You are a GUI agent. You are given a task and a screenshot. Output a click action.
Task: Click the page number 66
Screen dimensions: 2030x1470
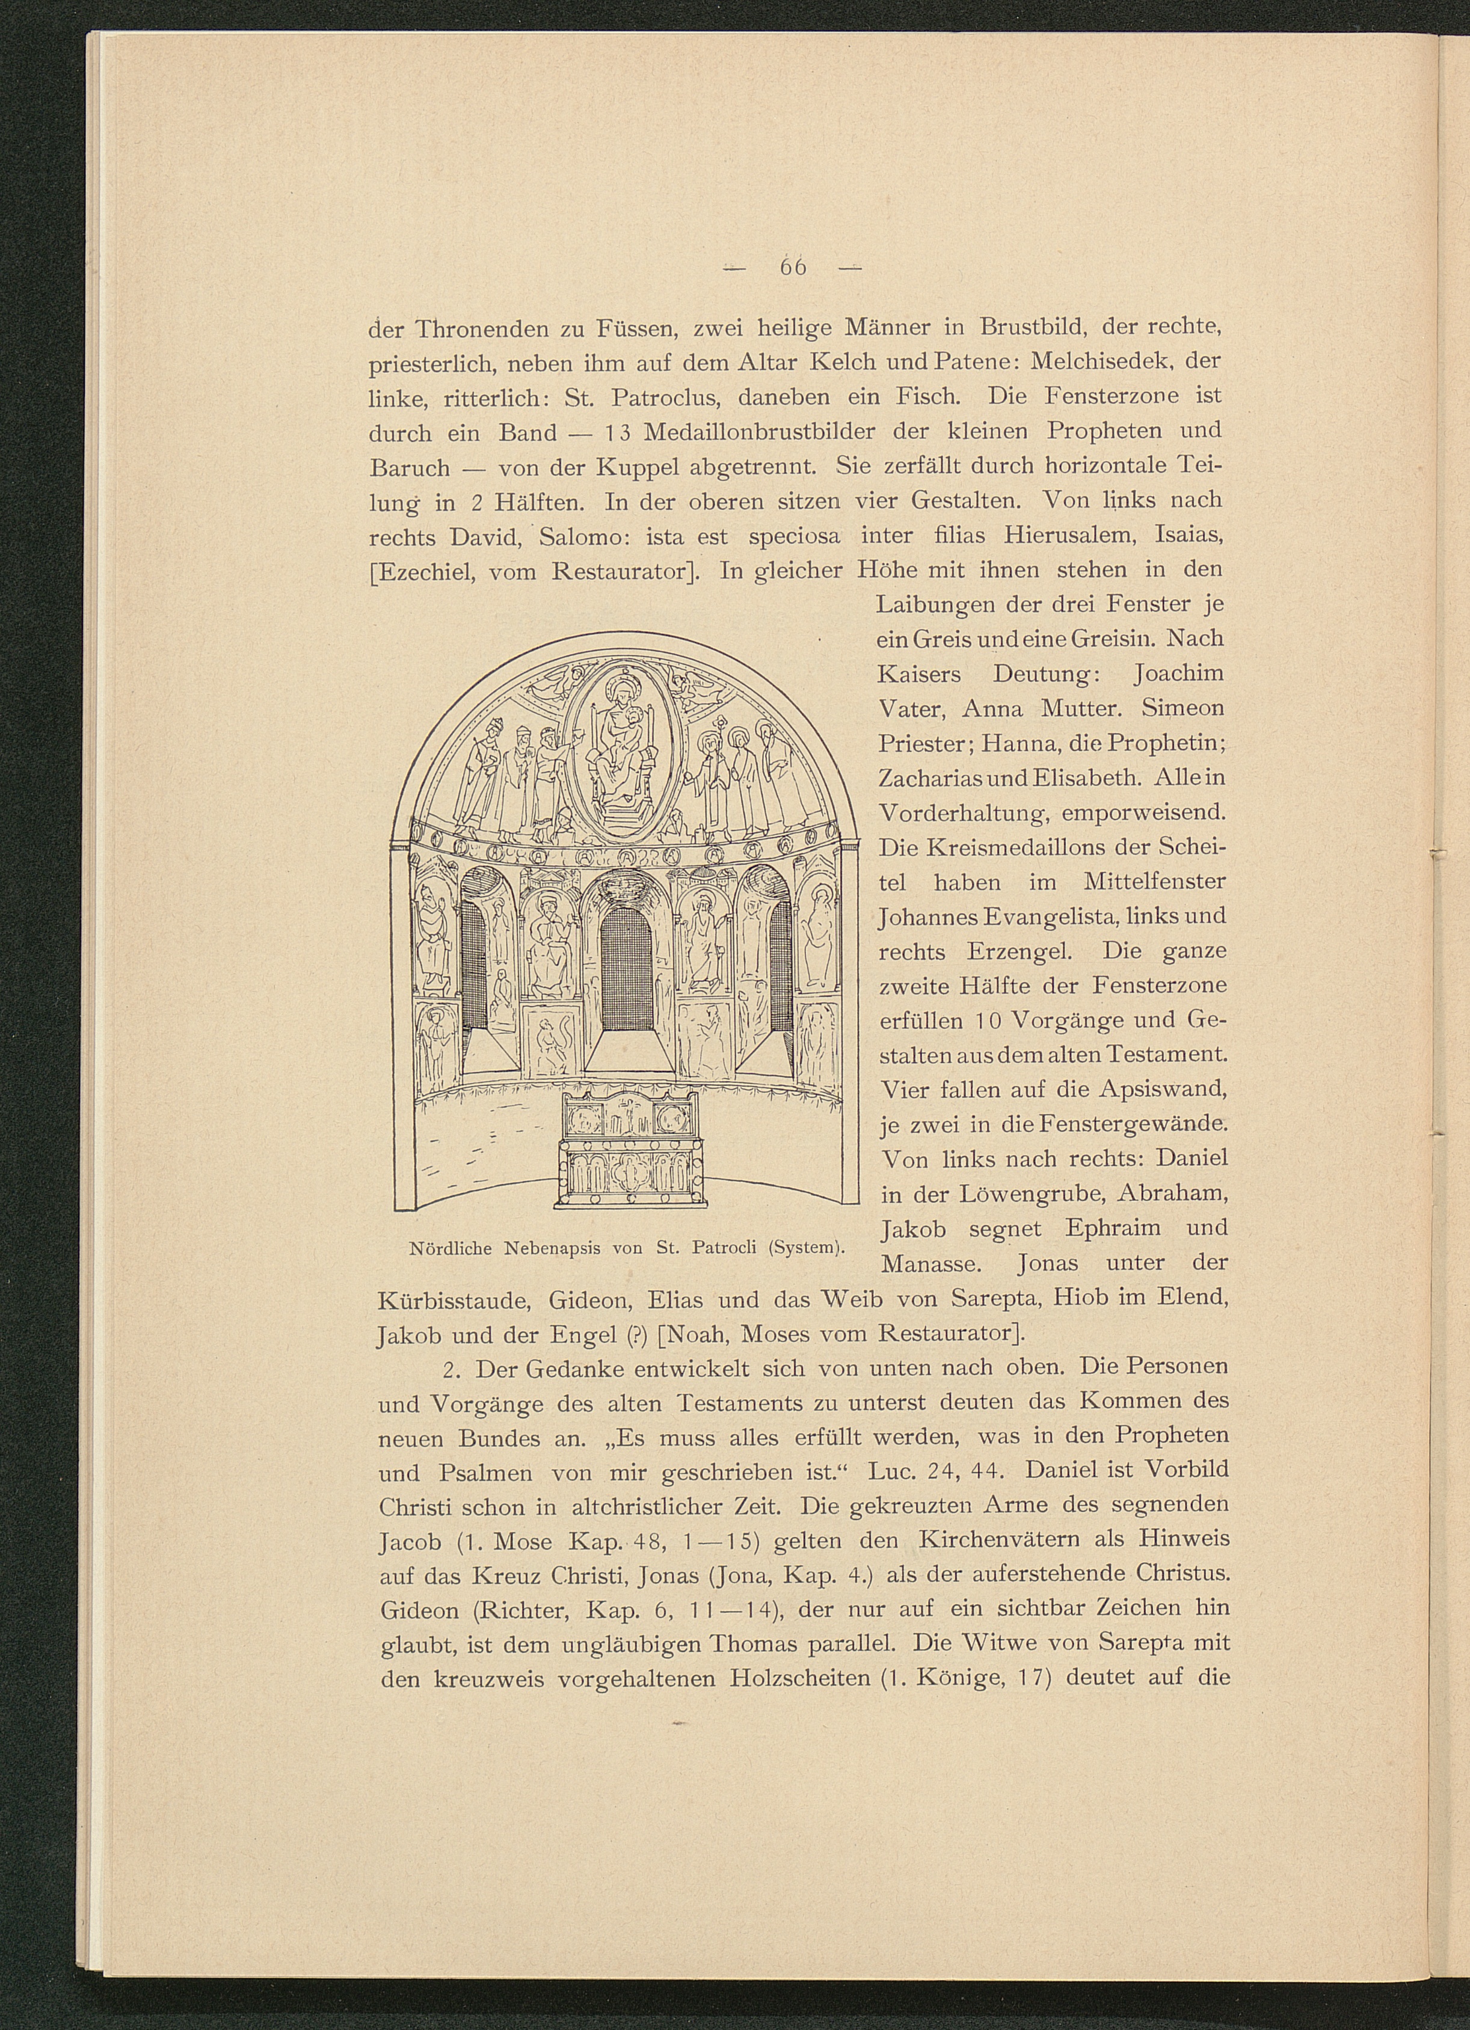[x=793, y=267]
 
